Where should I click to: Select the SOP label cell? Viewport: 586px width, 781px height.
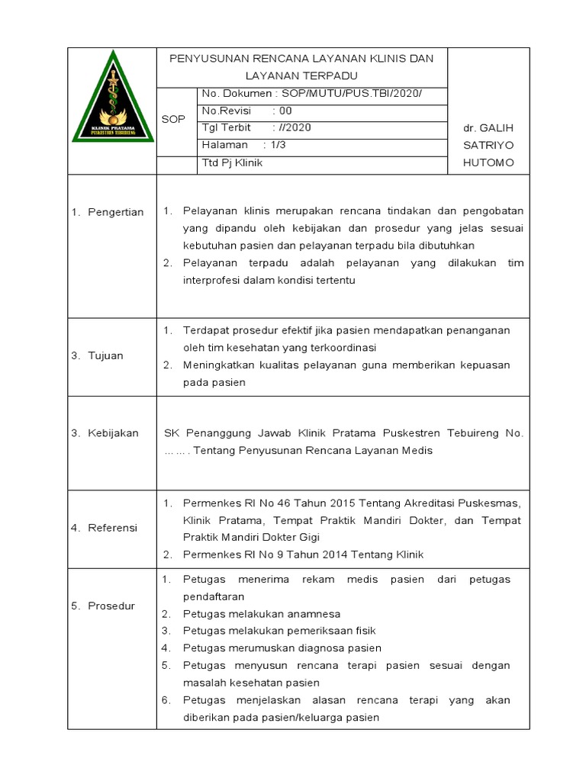[x=174, y=120]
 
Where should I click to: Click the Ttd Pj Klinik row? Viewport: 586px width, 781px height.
[x=232, y=162]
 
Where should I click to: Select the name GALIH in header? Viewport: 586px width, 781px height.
[x=499, y=127]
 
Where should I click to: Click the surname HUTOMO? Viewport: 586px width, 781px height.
[x=488, y=162]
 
